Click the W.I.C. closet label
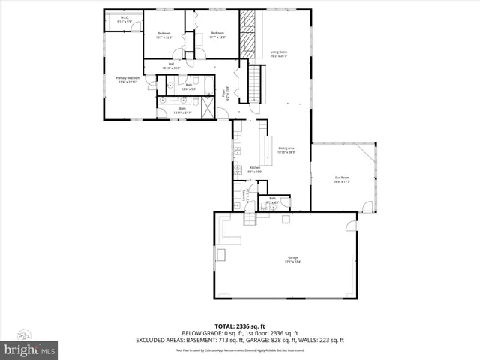click(x=124, y=19)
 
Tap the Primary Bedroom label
click(x=128, y=79)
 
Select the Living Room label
click(x=279, y=53)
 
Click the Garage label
click(x=283, y=260)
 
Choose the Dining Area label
click(x=286, y=150)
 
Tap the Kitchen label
click(x=254, y=169)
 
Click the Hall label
click(x=171, y=65)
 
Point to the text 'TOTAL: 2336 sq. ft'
click(x=240, y=326)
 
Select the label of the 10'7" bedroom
click(x=165, y=34)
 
